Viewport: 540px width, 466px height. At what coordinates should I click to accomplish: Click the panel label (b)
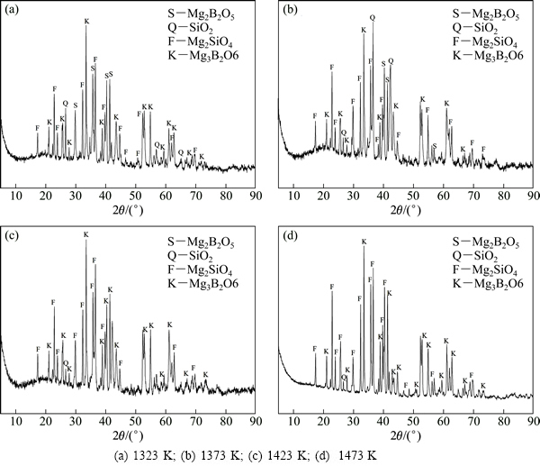pyautogui.click(x=290, y=12)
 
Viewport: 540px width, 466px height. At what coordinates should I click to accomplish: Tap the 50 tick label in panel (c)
pyautogui.click(x=136, y=421)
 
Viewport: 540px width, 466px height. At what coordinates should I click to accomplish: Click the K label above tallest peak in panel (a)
pyautogui.click(x=86, y=21)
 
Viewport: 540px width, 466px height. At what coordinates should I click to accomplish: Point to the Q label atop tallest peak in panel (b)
pyautogui.click(x=372, y=18)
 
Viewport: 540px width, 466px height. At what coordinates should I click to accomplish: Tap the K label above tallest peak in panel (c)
pyautogui.click(x=86, y=235)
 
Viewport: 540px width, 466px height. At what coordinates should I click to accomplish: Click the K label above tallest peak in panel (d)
pyautogui.click(x=364, y=242)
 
